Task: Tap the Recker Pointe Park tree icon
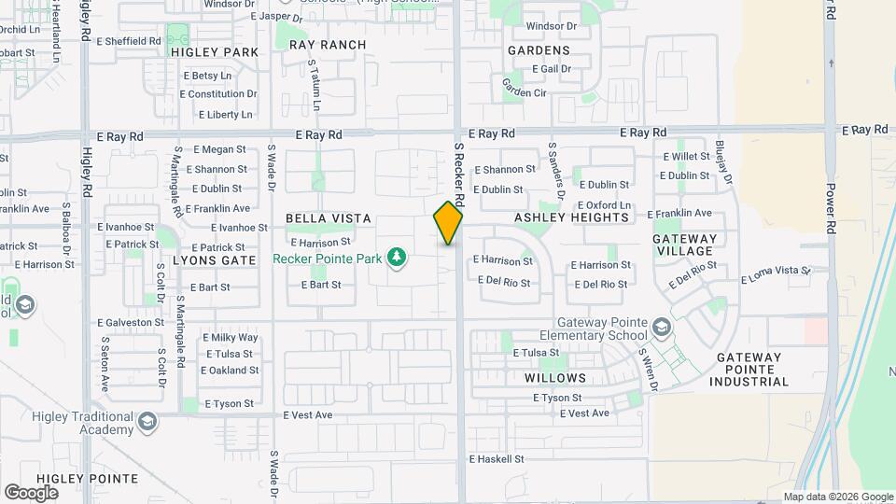398,257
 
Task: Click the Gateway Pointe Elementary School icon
662,327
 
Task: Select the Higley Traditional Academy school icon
147,424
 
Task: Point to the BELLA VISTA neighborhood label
329,218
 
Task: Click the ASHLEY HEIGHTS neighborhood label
571,217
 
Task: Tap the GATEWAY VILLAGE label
684,245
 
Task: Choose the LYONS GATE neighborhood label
214,260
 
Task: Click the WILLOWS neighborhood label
555,378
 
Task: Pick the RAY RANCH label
328,45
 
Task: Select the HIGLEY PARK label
215,52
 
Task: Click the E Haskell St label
497,459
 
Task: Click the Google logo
31,492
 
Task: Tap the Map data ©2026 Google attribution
838,497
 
